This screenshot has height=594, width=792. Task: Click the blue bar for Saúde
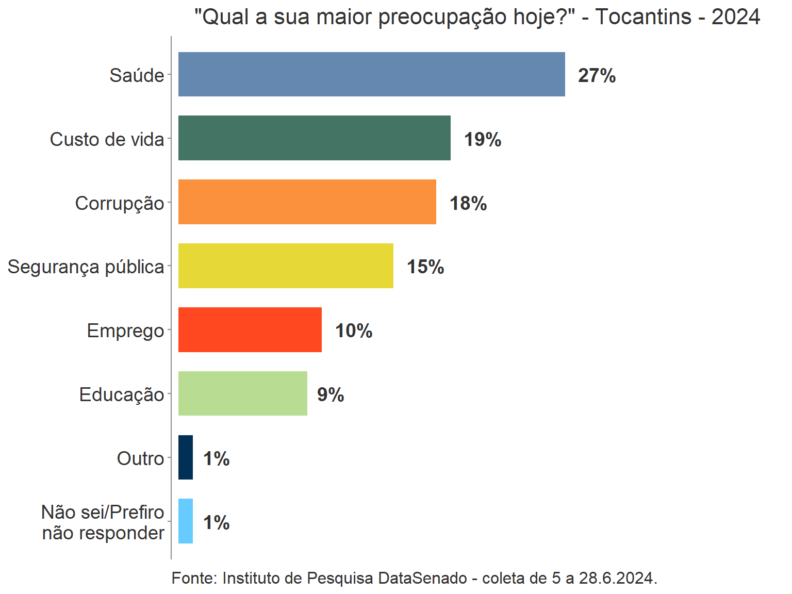click(371, 74)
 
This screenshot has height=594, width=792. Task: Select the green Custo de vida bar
click(315, 138)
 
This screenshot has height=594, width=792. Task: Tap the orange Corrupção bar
click(307, 202)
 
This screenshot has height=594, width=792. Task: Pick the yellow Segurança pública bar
click(286, 266)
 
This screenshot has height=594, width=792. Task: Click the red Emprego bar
click(250, 329)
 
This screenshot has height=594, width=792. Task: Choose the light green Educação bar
click(243, 393)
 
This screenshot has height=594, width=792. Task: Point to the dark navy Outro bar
click(186, 457)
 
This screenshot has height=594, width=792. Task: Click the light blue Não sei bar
click(186, 521)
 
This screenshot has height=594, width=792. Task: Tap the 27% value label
click(597, 76)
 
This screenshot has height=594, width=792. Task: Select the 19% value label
click(483, 140)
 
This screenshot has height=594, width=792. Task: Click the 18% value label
click(468, 204)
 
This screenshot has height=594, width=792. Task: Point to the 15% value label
click(425, 267)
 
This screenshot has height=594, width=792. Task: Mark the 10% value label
click(354, 331)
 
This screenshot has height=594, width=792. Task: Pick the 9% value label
click(331, 395)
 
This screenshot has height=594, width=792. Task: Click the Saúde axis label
click(137, 76)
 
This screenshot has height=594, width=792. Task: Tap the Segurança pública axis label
click(86, 267)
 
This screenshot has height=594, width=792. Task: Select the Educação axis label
click(122, 395)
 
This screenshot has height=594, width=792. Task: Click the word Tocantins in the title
click(643, 17)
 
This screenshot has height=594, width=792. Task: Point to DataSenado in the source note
click(422, 578)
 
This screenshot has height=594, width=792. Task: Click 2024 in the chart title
click(735, 17)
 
